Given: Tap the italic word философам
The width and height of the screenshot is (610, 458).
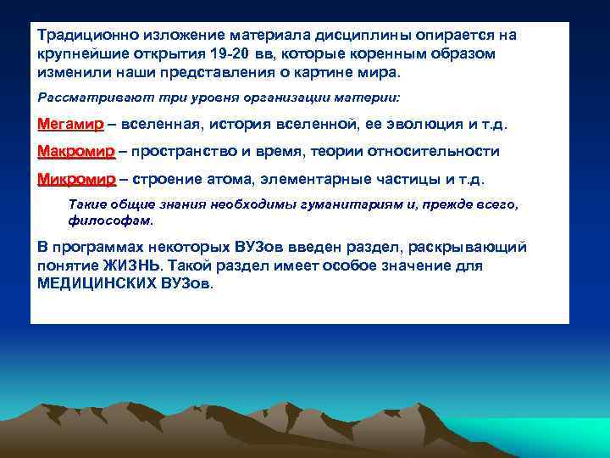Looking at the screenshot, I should tap(110, 220).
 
